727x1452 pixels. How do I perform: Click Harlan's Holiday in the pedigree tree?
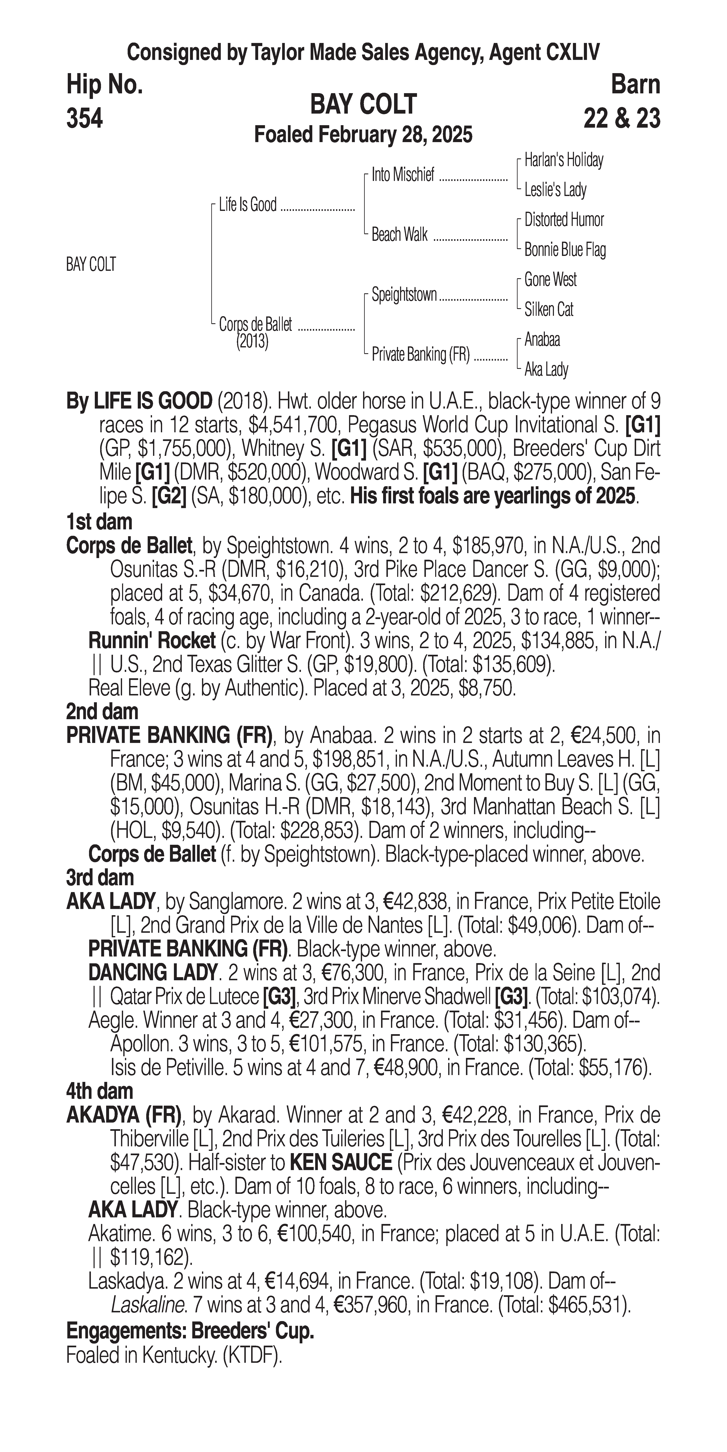pos(564,160)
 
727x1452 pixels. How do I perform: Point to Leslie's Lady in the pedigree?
pos(555,190)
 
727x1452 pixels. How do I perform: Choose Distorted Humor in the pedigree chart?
pos(564,220)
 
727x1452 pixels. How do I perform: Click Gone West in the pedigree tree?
pos(550,280)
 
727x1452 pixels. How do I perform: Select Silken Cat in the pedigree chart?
pos(548,309)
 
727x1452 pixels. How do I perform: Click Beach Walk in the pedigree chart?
pos(399,234)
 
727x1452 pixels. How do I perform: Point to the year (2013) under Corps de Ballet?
pos(252,342)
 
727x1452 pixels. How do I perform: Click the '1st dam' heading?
pos(99,522)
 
